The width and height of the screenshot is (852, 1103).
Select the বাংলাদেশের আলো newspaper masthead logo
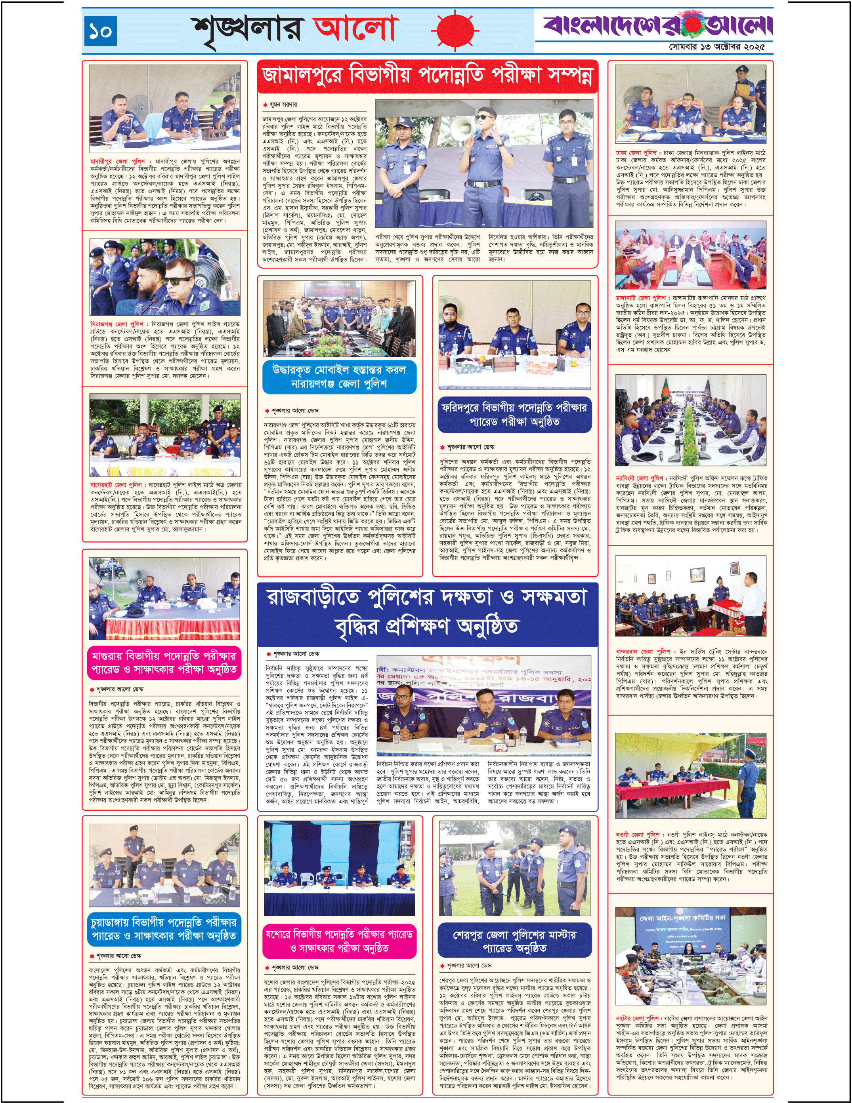coord(657,24)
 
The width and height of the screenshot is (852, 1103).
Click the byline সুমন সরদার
coord(283,105)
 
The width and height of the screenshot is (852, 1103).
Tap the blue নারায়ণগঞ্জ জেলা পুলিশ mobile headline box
coord(339,377)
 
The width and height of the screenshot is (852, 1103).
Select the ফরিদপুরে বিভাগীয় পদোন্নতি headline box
coord(514,415)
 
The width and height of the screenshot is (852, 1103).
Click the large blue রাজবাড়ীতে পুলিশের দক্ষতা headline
coord(427,612)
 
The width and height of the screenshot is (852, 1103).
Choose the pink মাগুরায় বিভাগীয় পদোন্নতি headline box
coord(164,663)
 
